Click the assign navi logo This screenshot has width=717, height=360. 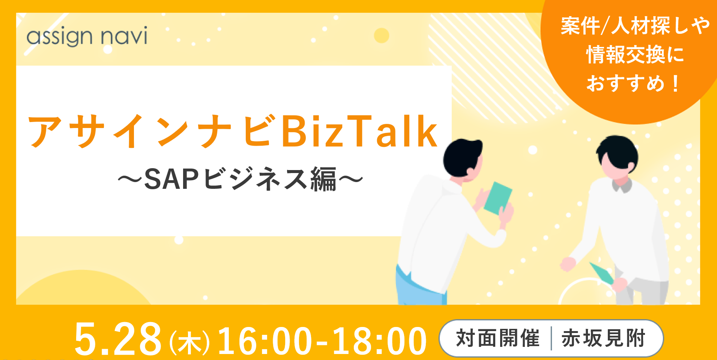(x=87, y=36)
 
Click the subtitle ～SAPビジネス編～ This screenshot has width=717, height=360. (x=240, y=179)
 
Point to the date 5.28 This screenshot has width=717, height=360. (x=118, y=339)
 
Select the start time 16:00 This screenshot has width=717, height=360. (x=265, y=340)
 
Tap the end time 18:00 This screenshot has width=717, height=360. (x=379, y=340)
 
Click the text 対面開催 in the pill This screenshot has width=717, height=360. (x=498, y=338)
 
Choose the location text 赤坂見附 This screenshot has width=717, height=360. (x=603, y=338)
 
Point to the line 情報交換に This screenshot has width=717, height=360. (x=635, y=55)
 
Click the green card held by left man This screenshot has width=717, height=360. (x=498, y=198)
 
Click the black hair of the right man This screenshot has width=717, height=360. (x=618, y=152)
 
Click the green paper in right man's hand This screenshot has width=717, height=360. (x=601, y=273)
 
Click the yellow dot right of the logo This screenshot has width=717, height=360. (x=382, y=36)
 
